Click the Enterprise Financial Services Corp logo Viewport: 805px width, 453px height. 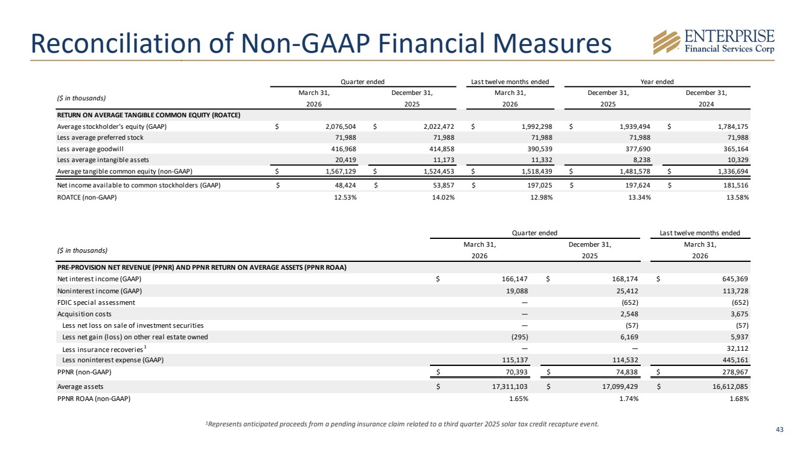point(714,42)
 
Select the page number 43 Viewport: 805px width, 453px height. point(780,429)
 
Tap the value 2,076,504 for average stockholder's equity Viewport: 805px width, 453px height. point(341,126)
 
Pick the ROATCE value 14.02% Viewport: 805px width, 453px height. point(443,197)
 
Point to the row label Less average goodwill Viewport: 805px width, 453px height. point(90,149)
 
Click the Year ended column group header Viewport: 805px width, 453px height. point(657,82)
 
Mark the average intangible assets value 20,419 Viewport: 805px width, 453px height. point(345,160)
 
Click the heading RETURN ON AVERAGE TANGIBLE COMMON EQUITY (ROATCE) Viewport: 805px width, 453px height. point(149,115)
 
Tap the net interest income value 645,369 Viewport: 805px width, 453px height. point(735,279)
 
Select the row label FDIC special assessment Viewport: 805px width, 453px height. point(96,302)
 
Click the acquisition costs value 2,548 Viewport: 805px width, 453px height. point(629,314)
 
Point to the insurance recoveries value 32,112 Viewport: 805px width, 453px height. point(738,348)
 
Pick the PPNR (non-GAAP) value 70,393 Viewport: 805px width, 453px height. point(516,372)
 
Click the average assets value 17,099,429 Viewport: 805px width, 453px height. point(620,386)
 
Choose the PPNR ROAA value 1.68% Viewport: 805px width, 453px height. point(739,399)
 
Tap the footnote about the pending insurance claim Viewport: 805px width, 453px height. point(402,424)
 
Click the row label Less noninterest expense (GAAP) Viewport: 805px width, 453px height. point(113,360)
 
